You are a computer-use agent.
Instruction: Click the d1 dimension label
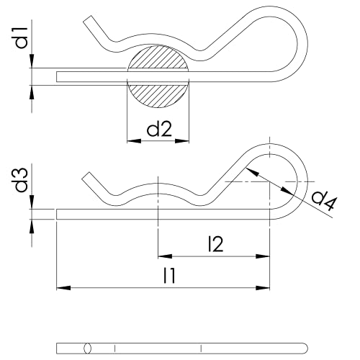tap(22, 37)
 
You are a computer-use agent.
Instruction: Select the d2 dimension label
tap(158, 130)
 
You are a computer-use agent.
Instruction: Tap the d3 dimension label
tap(22, 180)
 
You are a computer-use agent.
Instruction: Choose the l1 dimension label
tap(170, 276)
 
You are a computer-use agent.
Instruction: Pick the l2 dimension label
tap(214, 244)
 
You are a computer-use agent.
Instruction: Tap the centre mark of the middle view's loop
tap(269, 182)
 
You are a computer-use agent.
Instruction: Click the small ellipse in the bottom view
tap(88, 348)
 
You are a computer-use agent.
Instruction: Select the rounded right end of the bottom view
tap(305, 348)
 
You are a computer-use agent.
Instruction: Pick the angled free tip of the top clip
tap(89, 20)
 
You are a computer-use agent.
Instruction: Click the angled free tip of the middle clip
tap(89, 176)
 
